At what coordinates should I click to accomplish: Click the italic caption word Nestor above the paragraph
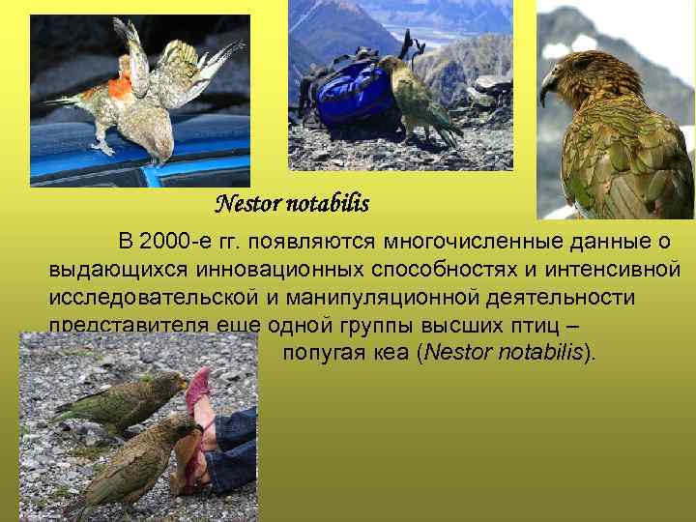(x=246, y=204)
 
